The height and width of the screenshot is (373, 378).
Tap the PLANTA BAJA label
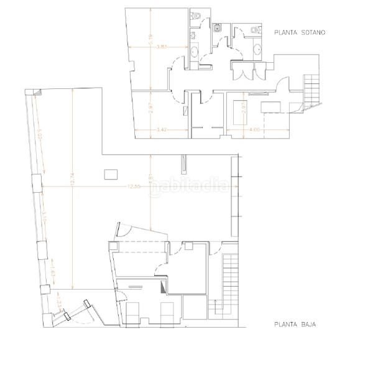(x=295, y=324)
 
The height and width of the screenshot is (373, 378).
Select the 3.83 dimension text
(x=160, y=47)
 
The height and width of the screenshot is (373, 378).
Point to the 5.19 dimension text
(x=151, y=37)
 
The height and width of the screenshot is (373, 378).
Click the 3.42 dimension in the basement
(x=160, y=130)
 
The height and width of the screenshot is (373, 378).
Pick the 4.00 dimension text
(x=254, y=130)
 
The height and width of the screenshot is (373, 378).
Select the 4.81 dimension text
(x=150, y=180)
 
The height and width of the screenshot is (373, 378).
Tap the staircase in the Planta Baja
(x=231, y=280)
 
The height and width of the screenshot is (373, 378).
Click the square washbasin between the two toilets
(x=218, y=27)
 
